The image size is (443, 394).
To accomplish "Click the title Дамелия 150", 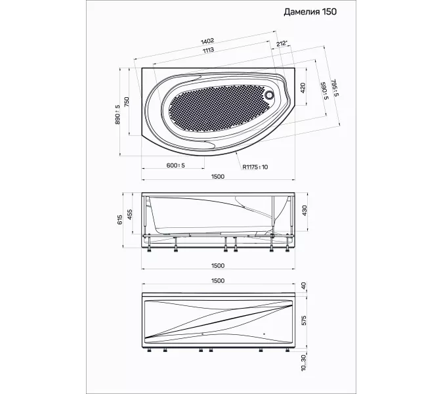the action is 310,12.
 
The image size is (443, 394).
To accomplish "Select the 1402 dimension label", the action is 207,41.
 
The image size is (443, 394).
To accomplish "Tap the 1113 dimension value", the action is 208,51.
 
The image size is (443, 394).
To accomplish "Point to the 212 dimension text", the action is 282,43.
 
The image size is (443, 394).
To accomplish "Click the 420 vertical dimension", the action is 303,88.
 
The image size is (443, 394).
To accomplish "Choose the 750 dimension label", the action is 127,102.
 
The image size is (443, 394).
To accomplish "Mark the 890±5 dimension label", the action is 117,114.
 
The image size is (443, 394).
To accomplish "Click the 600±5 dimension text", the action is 175,165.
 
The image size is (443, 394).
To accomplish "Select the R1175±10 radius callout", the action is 255,167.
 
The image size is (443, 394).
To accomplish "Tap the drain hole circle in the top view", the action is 270,95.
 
